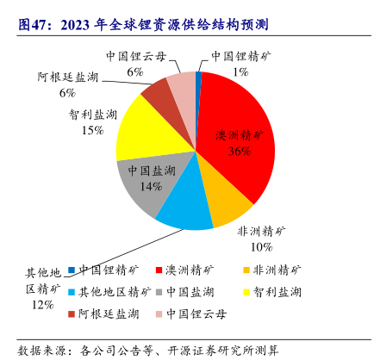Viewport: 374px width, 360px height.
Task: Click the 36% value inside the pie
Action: pyautogui.click(x=240, y=151)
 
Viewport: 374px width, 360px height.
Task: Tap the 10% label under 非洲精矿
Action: pyautogui.click(x=261, y=247)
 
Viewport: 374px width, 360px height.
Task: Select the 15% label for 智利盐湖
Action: pyautogui.click(x=92, y=130)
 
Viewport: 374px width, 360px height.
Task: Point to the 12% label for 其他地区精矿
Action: pyautogui.click(x=43, y=305)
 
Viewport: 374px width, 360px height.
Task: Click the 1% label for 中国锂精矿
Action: pyautogui.click(x=240, y=71)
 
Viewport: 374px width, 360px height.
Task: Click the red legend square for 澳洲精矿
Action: pyautogui.click(x=159, y=270)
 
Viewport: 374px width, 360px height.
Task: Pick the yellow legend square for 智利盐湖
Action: pyautogui.click(x=246, y=292)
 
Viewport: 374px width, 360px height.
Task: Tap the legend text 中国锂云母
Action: pyautogui.click(x=196, y=314)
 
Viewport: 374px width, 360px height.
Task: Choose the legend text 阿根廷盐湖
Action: pyautogui.click(x=109, y=314)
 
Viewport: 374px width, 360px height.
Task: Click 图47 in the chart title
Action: pyautogui.click(x=32, y=25)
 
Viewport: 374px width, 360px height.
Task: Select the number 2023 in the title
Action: pyautogui.click(x=75, y=25)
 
